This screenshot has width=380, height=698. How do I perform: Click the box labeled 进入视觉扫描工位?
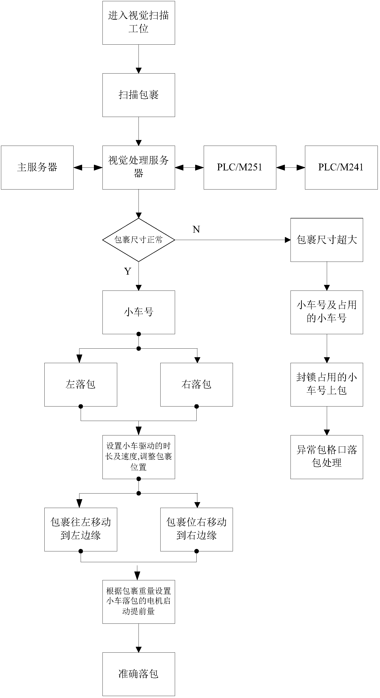[x=139, y=23]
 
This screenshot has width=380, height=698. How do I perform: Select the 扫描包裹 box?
[x=139, y=95]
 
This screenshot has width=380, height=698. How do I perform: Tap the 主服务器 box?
[x=37, y=167]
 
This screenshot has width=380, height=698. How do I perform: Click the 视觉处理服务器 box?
[x=139, y=167]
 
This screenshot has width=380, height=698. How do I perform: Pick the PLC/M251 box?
[x=240, y=167]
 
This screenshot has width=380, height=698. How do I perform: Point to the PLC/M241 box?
[x=341, y=167]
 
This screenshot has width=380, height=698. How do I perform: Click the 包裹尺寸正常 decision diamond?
[x=139, y=240]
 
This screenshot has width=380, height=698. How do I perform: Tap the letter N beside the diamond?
[x=196, y=230]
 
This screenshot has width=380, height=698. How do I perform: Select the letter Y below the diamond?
[x=128, y=271]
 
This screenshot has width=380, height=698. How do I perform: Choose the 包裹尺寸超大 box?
[x=327, y=240]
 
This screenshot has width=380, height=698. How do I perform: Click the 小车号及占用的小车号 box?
[x=327, y=312]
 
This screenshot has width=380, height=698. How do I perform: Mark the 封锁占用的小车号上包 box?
[x=327, y=384]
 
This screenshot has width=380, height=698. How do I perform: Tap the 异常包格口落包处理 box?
[x=327, y=457]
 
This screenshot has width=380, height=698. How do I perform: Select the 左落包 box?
[x=80, y=384]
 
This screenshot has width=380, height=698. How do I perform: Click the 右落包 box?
[x=197, y=384]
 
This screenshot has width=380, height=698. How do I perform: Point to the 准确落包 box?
[x=139, y=674]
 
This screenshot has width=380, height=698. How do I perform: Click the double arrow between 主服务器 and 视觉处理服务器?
[x=88, y=168]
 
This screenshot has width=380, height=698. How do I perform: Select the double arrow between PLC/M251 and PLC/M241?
[x=291, y=168]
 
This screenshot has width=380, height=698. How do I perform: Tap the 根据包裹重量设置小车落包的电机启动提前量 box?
[x=139, y=602]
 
